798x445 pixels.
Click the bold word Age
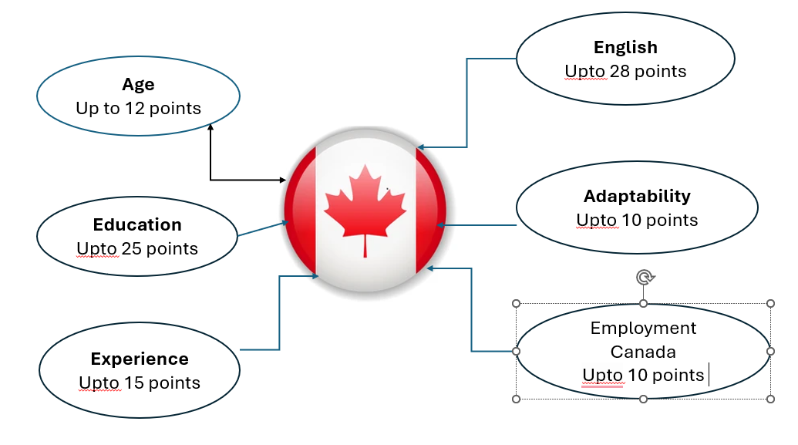138,85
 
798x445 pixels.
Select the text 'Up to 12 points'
138,109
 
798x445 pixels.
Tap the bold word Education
137,225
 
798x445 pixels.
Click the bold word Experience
140,359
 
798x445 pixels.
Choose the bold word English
625,48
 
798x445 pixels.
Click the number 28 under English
620,72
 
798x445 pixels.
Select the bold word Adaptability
637,196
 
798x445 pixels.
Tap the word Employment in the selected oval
643,329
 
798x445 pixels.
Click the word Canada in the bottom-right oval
643,352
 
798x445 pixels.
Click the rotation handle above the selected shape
644,277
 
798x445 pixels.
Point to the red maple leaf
365,205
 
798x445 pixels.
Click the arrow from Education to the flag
262,229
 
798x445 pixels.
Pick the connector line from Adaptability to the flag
478,225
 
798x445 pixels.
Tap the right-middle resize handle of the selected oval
770,352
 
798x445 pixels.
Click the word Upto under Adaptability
597,221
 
